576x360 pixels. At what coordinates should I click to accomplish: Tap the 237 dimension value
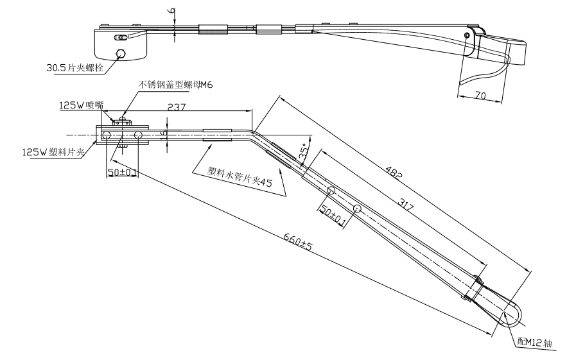pyautogui.click(x=177, y=108)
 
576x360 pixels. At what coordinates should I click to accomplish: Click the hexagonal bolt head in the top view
pyautogui.click(x=119, y=53)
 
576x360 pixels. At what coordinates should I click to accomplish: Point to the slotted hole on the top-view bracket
pyautogui.click(x=119, y=38)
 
